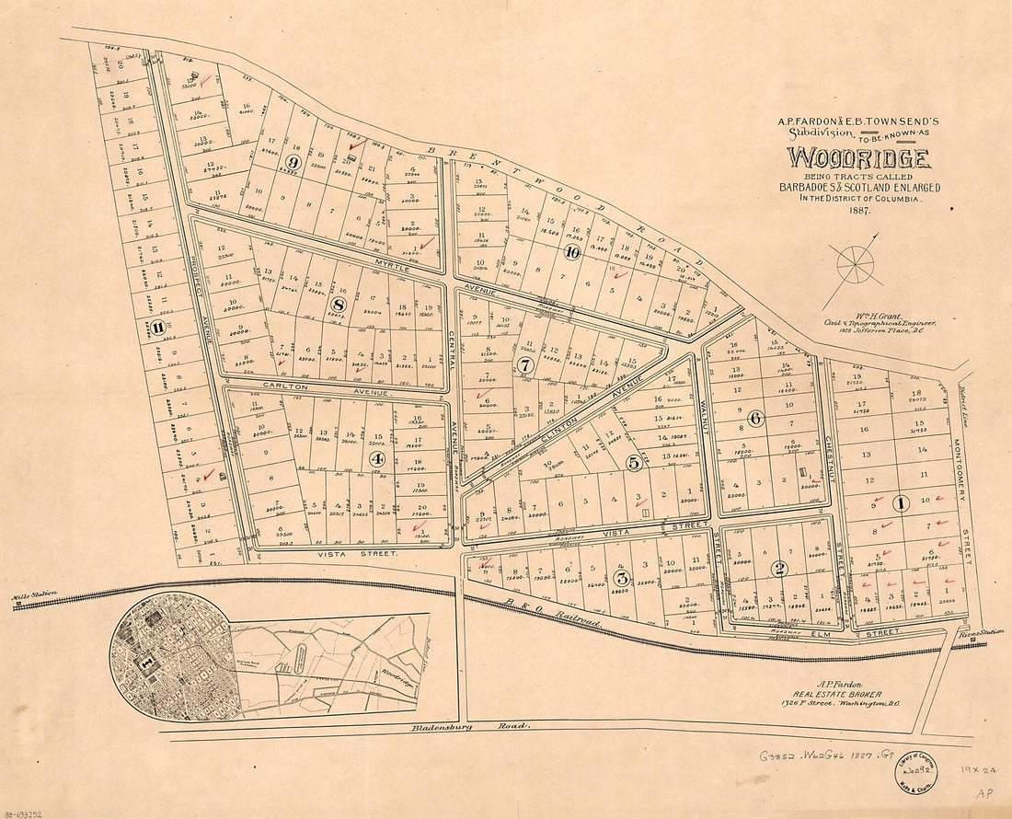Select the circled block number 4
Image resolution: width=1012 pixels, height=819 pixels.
pos(377,458)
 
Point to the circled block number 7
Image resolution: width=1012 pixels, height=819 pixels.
pos(525,364)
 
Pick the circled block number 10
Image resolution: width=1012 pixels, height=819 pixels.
pos(573,253)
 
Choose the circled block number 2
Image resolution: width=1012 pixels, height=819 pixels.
pos(779,568)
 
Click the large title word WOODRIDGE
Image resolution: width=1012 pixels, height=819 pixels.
pos(857,157)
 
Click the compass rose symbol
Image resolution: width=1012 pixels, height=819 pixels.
pos(855,265)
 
